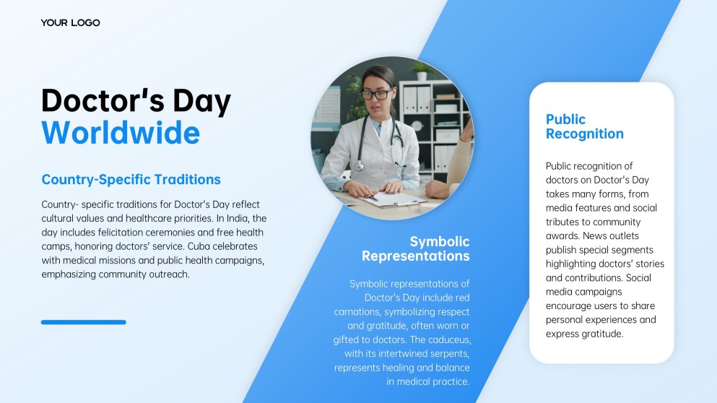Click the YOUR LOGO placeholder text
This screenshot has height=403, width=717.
point(71,22)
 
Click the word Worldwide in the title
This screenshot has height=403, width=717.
point(121,133)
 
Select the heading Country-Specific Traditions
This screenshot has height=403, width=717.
point(131,179)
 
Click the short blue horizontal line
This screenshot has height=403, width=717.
point(84,322)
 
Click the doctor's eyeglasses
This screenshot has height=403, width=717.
point(377,94)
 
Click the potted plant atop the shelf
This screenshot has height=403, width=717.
point(422,71)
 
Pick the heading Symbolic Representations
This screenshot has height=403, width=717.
point(416,248)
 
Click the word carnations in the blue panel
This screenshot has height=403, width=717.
point(357,312)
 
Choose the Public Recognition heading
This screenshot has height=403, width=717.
point(584,126)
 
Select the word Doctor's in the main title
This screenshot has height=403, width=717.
point(103,100)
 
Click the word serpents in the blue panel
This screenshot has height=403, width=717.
point(451,354)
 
